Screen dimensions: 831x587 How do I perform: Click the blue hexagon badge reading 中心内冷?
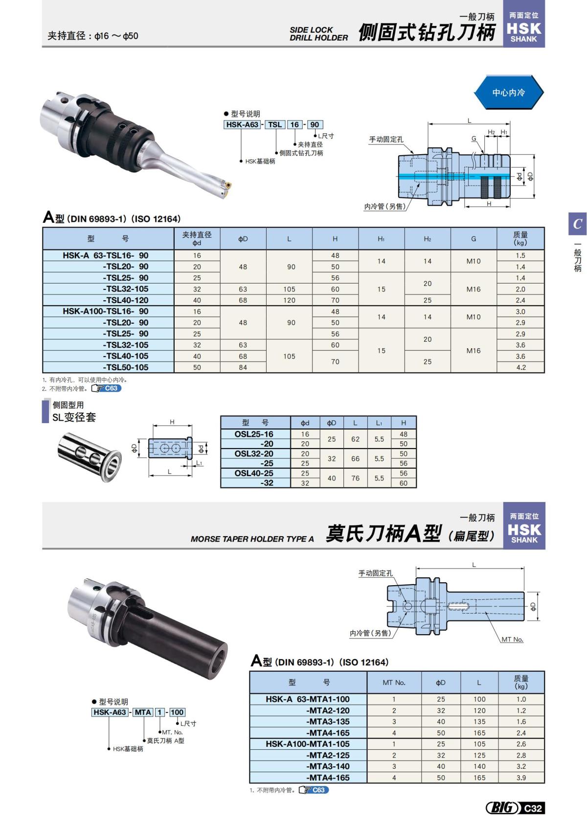(508, 93)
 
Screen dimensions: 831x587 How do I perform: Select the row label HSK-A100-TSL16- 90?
(106, 311)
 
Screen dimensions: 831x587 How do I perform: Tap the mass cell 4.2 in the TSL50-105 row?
(520, 367)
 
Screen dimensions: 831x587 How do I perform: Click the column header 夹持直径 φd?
(197, 238)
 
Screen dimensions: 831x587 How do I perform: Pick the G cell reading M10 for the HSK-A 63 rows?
(473, 261)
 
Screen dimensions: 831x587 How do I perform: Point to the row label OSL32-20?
(254, 454)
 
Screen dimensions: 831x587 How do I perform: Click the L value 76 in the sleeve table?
(355, 478)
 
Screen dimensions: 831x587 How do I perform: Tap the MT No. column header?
(394, 682)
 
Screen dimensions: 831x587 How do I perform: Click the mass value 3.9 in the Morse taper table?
(521, 778)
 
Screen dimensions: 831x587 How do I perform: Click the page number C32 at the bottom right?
(533, 808)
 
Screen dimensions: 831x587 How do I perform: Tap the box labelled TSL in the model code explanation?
(275, 125)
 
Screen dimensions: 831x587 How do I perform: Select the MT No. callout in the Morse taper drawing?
(512, 640)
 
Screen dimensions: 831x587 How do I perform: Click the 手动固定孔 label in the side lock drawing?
(386, 140)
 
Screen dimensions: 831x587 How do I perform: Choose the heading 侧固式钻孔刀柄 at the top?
(427, 32)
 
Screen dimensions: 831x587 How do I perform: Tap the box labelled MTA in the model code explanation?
(143, 712)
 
